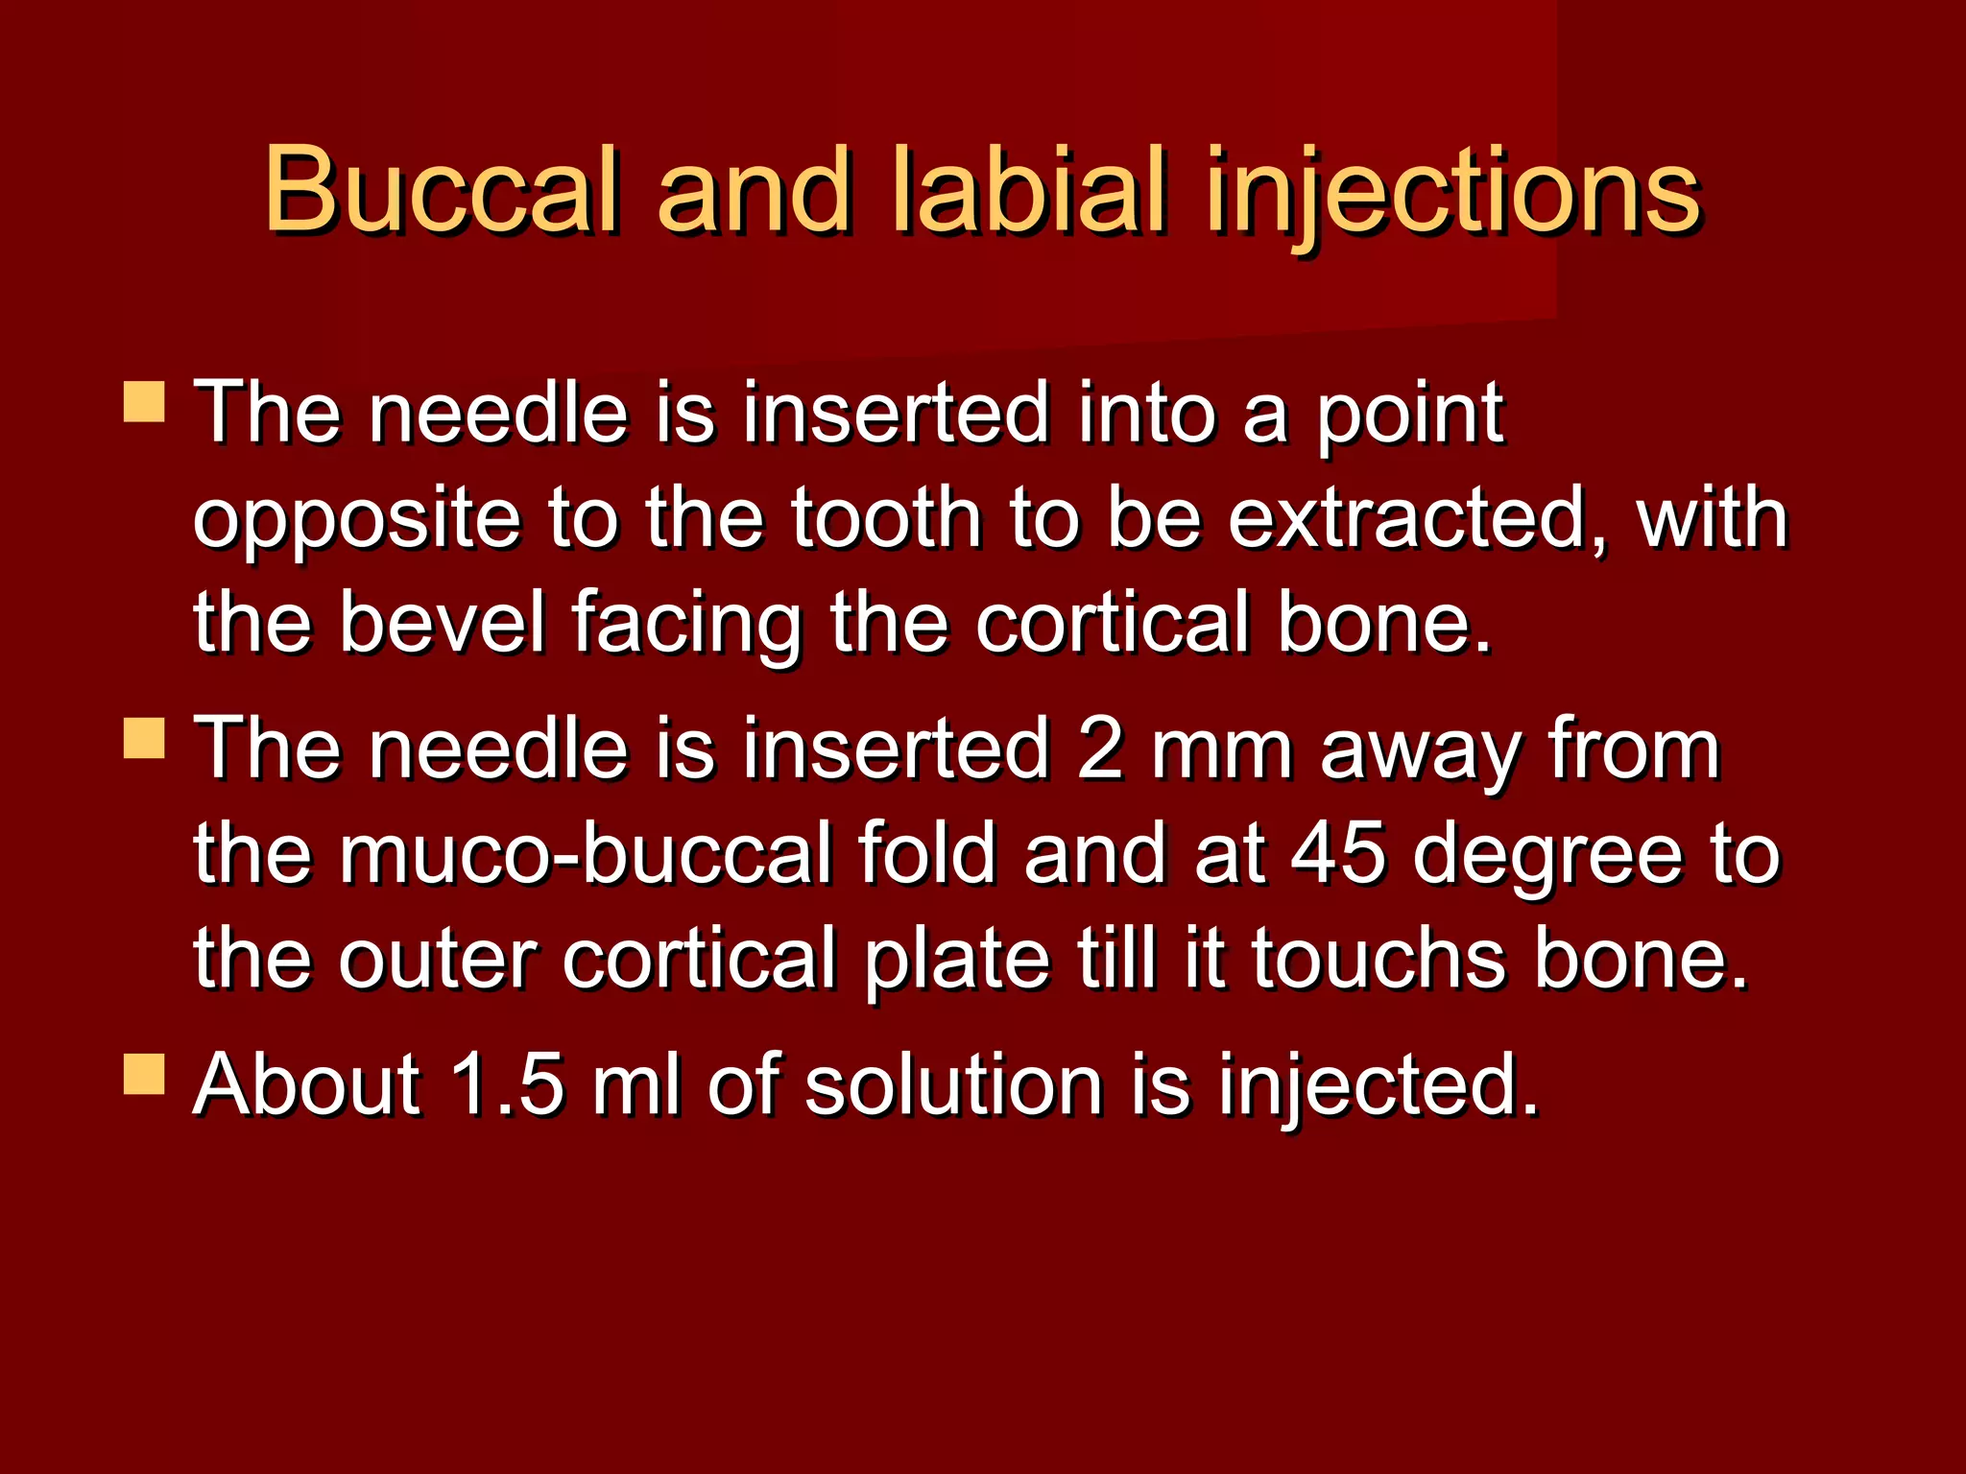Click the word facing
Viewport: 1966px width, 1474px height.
coord(685,624)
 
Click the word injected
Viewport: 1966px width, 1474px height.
coord(1379,1087)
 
